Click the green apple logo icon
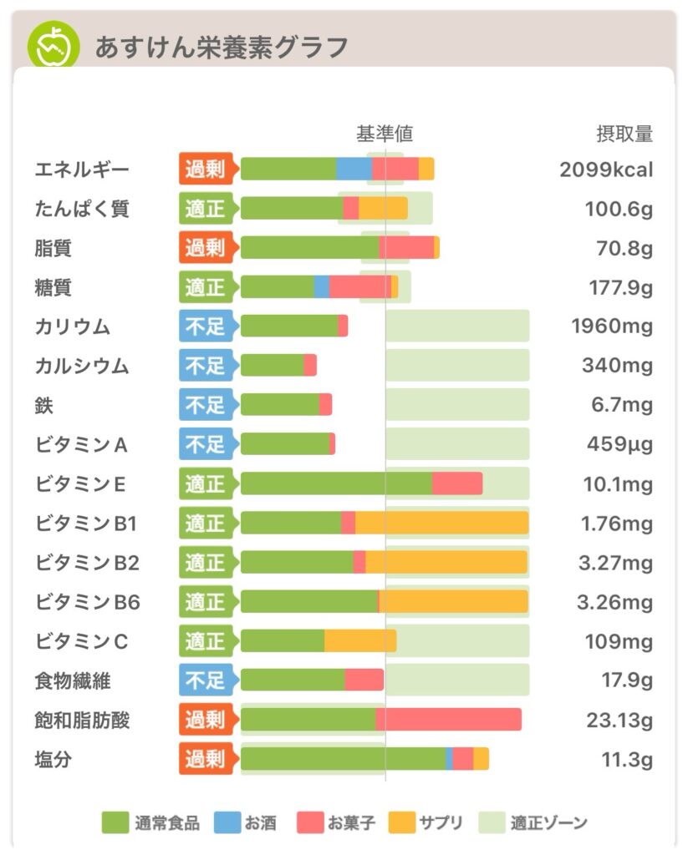(54, 46)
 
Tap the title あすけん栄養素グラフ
(221, 47)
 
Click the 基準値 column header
(385, 134)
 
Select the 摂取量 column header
(624, 134)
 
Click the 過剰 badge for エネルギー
(206, 169)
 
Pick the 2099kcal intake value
(606, 169)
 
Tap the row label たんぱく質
(82, 209)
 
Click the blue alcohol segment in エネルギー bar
(354, 169)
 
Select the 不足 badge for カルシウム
(206, 366)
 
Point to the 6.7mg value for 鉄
(619, 405)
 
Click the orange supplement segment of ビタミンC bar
(360, 641)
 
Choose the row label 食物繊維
(73, 680)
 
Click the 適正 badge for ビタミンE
(206, 483)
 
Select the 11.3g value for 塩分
(627, 759)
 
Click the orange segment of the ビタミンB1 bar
(441, 523)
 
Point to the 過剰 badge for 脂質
(206, 248)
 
